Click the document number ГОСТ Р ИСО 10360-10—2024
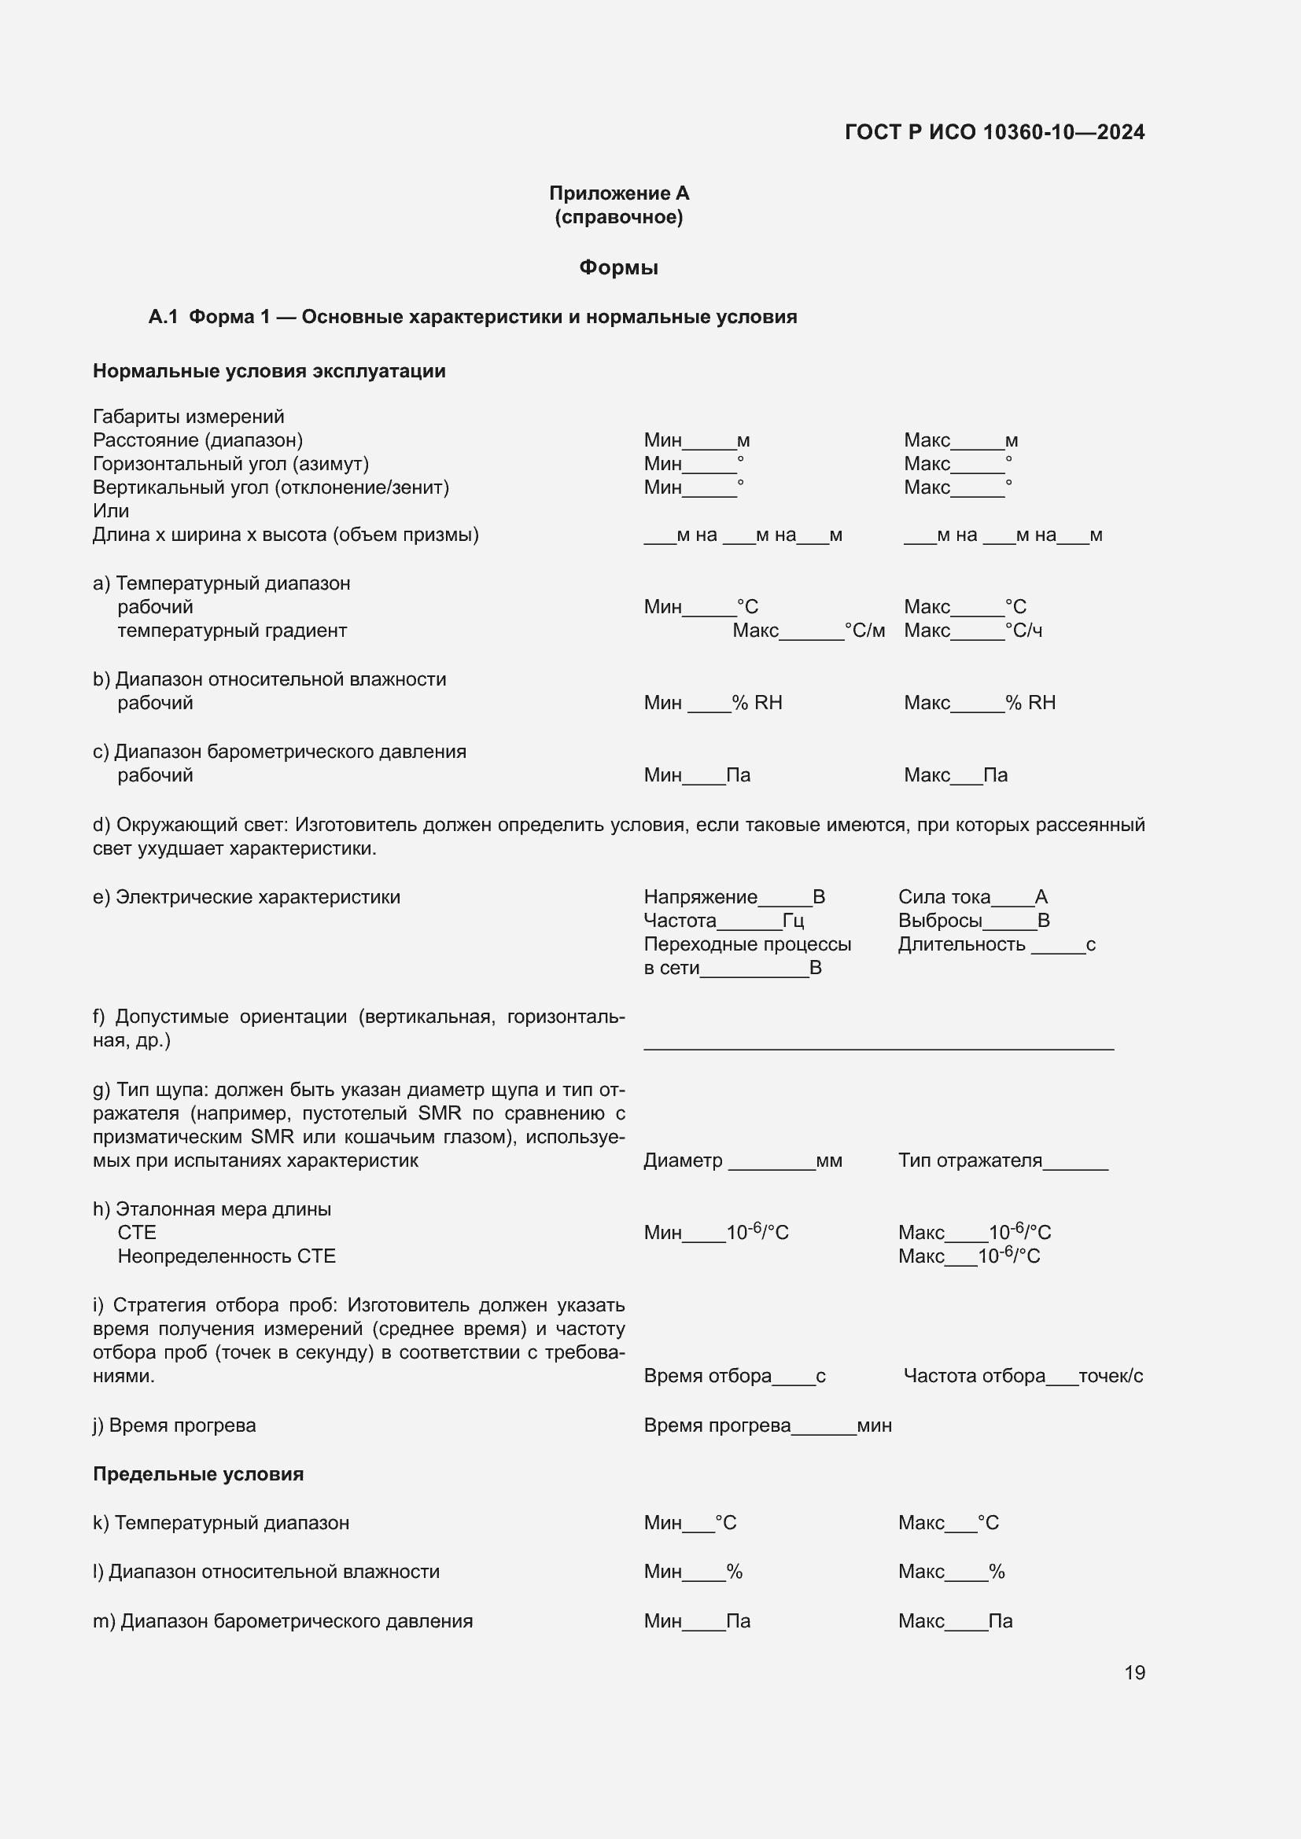coord(994,132)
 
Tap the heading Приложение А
coord(618,193)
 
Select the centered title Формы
coord(618,267)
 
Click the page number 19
coord(1134,1672)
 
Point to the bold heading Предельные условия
coord(198,1473)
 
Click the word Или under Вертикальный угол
coord(111,511)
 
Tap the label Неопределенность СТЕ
coord(227,1256)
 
